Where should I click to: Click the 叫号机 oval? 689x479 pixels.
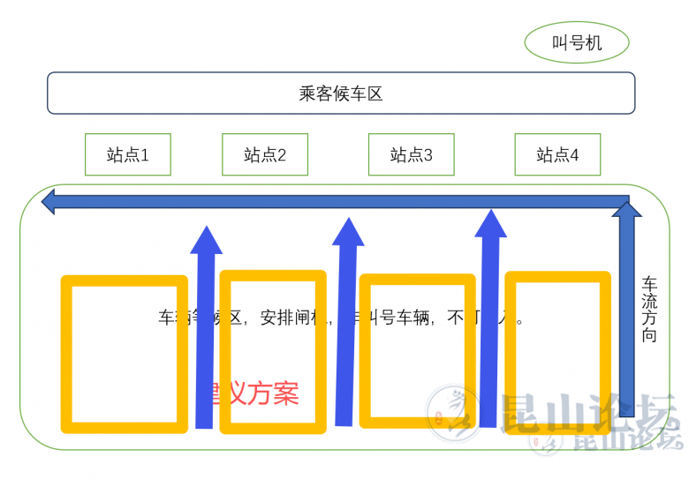click(x=576, y=42)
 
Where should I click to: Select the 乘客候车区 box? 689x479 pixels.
click(x=341, y=93)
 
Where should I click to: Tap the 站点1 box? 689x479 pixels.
click(x=127, y=155)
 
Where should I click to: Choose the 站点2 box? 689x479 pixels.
click(x=264, y=155)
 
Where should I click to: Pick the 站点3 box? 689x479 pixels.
click(x=411, y=155)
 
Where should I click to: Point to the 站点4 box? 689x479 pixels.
click(x=557, y=155)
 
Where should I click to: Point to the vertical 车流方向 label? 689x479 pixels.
click(x=649, y=310)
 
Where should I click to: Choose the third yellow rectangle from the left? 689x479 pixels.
click(x=419, y=350)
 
